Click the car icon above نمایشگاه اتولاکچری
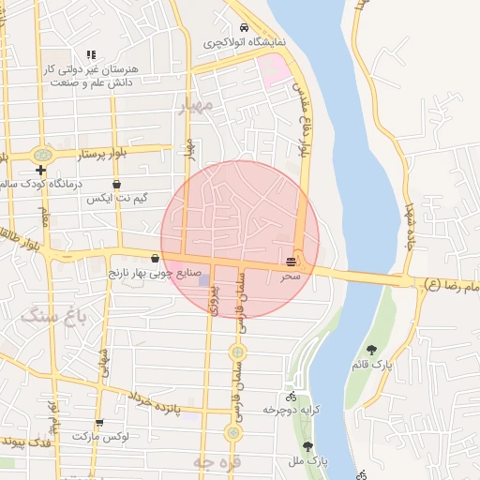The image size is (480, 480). pyautogui.click(x=244, y=27)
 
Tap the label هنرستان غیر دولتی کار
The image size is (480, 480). pyautogui.click(x=91, y=70)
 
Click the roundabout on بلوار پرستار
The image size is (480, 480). pyautogui.click(x=41, y=155)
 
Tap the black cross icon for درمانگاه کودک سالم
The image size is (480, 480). pyautogui.click(x=40, y=170)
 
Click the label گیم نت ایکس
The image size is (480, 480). pyautogui.click(x=116, y=199)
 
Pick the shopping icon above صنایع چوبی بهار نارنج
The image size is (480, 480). pyautogui.click(x=155, y=258)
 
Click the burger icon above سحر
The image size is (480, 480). pyautogui.click(x=292, y=261)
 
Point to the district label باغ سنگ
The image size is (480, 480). pyautogui.click(x=54, y=316)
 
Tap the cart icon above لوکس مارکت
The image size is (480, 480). pyautogui.click(x=99, y=423)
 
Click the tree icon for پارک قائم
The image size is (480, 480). pyautogui.click(x=372, y=350)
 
